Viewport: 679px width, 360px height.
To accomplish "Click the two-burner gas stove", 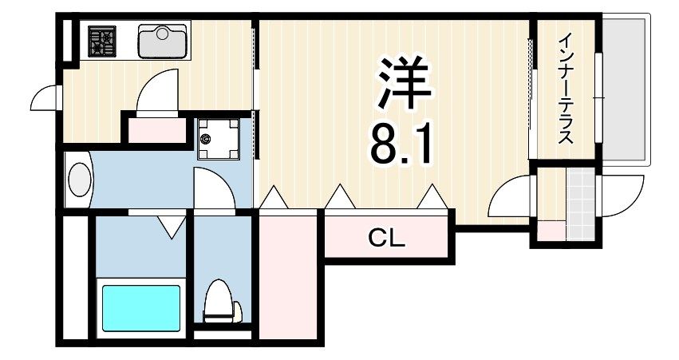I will [102, 42].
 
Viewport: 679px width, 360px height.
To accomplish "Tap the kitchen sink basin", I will [163, 42].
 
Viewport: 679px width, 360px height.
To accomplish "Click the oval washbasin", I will [80, 180].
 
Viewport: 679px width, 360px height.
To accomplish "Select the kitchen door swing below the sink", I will [157, 92].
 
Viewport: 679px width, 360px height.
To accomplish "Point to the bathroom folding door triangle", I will [169, 227].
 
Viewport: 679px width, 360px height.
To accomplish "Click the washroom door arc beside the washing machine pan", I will [214, 192].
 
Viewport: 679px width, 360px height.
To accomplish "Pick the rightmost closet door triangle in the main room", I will [432, 196].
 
